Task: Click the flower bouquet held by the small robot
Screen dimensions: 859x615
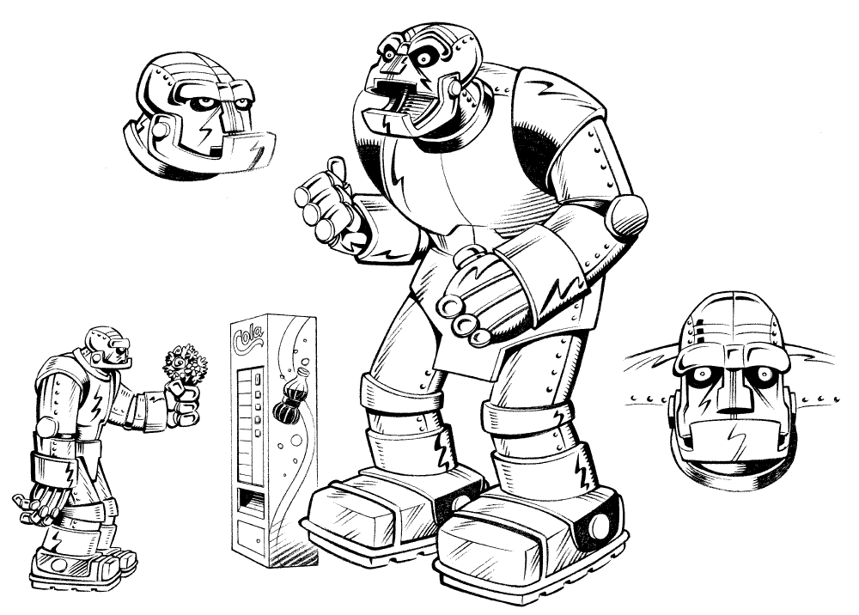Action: point(186,362)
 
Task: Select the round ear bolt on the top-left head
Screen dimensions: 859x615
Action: point(160,129)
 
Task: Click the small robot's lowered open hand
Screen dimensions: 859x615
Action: point(34,506)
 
